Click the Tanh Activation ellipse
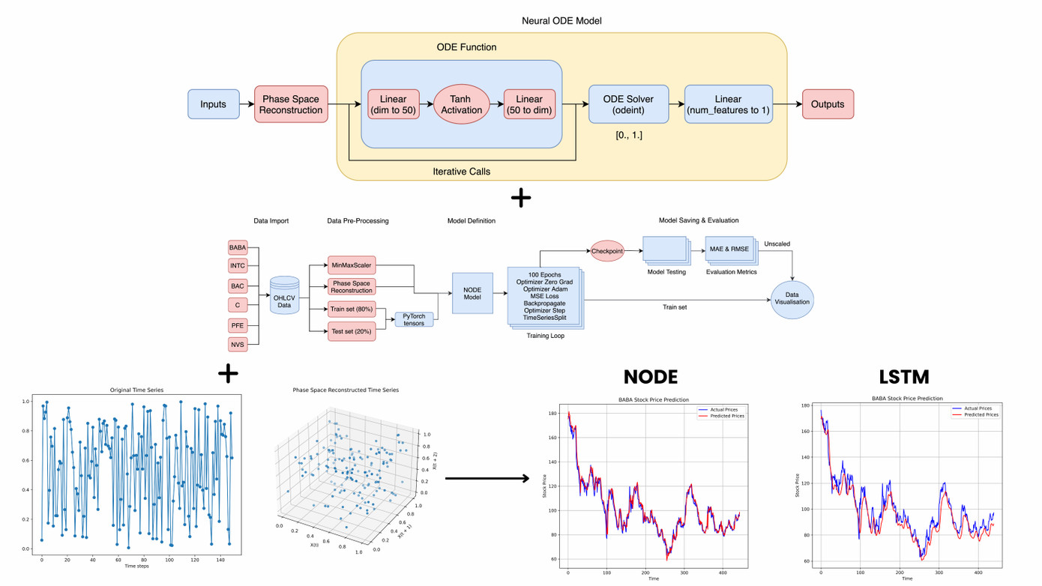tap(462, 104)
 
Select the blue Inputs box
tap(213, 104)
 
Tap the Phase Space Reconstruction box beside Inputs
tap(290, 104)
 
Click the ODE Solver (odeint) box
tap(628, 104)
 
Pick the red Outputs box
tap(828, 104)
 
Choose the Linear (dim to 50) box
tap(393, 104)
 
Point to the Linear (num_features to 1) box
tap(728, 104)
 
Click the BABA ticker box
tap(238, 247)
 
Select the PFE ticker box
tap(238, 325)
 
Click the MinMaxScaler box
tap(352, 265)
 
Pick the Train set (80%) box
tap(352, 309)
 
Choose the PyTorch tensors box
tap(414, 319)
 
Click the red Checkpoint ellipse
tap(607, 251)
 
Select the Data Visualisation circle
tap(792, 300)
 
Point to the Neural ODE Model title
tap(561, 21)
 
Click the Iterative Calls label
tap(461, 172)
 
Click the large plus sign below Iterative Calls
tap(520, 199)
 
